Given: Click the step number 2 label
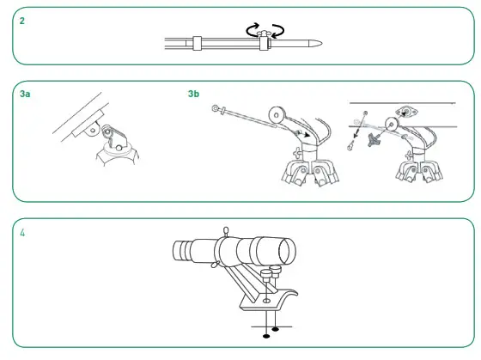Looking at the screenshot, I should (x=21, y=21).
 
